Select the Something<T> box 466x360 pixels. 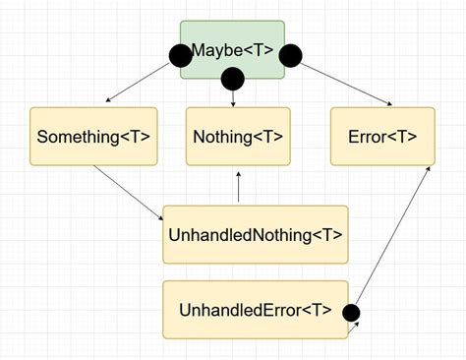coord(93,136)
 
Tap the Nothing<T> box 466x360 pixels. coord(238,136)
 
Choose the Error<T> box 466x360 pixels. coord(381,136)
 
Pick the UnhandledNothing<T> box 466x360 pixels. coord(256,234)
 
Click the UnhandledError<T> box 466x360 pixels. coord(256,310)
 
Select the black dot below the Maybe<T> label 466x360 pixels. coord(233,78)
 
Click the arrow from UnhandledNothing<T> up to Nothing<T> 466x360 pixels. coord(238,187)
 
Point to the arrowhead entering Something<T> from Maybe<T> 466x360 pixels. coord(109,100)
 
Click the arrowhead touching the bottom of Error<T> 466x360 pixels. coord(428,169)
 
